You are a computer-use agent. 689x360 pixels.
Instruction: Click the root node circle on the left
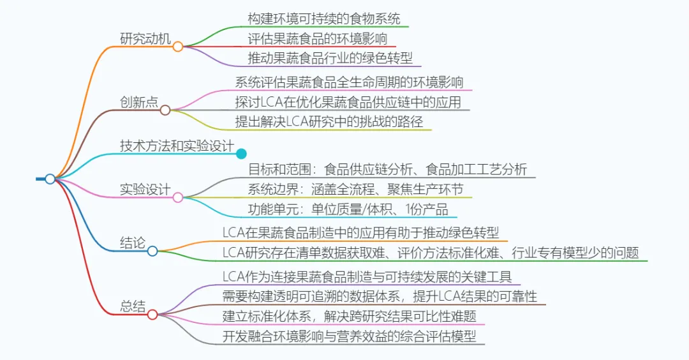click(50, 179)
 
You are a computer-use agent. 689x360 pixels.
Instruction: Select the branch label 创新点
click(139, 101)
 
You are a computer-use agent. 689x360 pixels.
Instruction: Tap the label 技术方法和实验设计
click(177, 146)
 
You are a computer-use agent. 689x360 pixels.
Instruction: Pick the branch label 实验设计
click(145, 190)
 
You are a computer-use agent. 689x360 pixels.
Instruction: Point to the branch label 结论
click(133, 243)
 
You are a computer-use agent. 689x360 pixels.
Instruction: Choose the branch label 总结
click(133, 305)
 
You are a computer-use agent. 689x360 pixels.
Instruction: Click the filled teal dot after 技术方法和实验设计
click(241, 153)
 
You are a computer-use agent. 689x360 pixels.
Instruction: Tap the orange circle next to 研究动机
click(178, 47)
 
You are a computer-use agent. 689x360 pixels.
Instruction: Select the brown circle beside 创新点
click(165, 110)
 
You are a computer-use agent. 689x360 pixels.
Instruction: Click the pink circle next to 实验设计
click(178, 198)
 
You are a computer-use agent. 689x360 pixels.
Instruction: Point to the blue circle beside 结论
click(152, 251)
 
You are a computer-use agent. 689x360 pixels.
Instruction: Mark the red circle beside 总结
click(152, 314)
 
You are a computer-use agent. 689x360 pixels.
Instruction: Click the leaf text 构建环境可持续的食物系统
click(324, 18)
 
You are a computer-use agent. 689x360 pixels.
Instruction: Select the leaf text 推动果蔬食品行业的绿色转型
click(330, 58)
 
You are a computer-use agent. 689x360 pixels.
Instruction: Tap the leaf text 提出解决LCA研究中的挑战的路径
click(330, 121)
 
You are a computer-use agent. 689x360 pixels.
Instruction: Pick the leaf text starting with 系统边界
click(355, 189)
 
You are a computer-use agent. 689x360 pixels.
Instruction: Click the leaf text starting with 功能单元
click(348, 209)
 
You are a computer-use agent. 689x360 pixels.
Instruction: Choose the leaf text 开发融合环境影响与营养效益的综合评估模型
click(349, 336)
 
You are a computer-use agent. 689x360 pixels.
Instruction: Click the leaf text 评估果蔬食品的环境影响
click(318, 38)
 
